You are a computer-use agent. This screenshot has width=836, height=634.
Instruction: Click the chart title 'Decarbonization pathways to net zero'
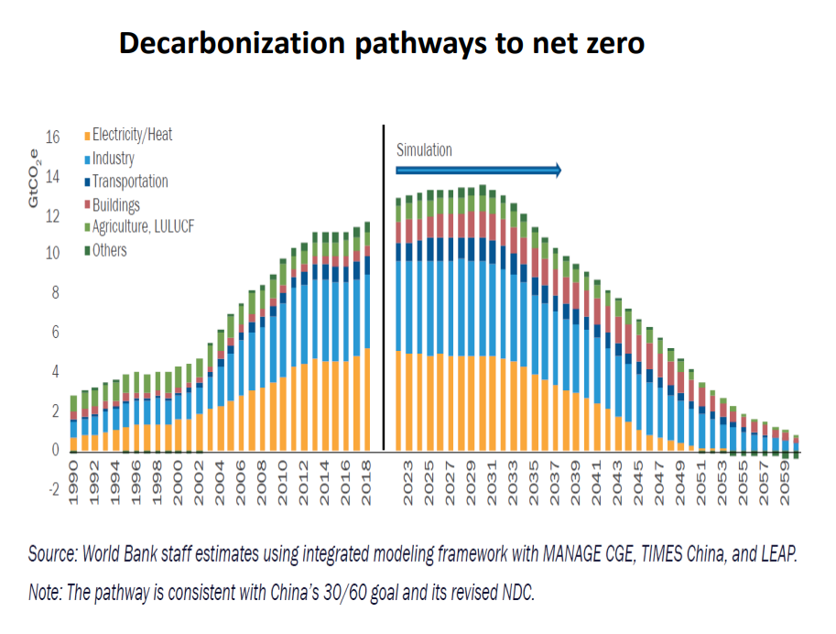(x=382, y=43)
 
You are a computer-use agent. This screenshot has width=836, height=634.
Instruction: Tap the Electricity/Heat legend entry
(x=132, y=135)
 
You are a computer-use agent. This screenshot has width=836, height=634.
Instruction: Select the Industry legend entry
(x=113, y=158)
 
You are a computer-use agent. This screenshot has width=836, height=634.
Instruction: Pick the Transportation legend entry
(x=129, y=181)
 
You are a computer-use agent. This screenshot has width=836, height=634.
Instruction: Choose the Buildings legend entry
(x=115, y=204)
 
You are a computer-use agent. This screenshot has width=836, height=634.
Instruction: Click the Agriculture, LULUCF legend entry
(x=143, y=226)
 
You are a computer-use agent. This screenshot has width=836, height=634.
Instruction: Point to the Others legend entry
(x=109, y=249)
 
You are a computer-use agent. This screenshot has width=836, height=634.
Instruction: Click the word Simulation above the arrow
(x=424, y=150)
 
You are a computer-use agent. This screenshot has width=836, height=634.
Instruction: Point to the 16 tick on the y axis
(x=52, y=137)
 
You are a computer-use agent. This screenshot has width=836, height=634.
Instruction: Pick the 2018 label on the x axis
(x=367, y=477)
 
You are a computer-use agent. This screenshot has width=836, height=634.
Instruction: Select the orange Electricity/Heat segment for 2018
(x=367, y=399)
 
